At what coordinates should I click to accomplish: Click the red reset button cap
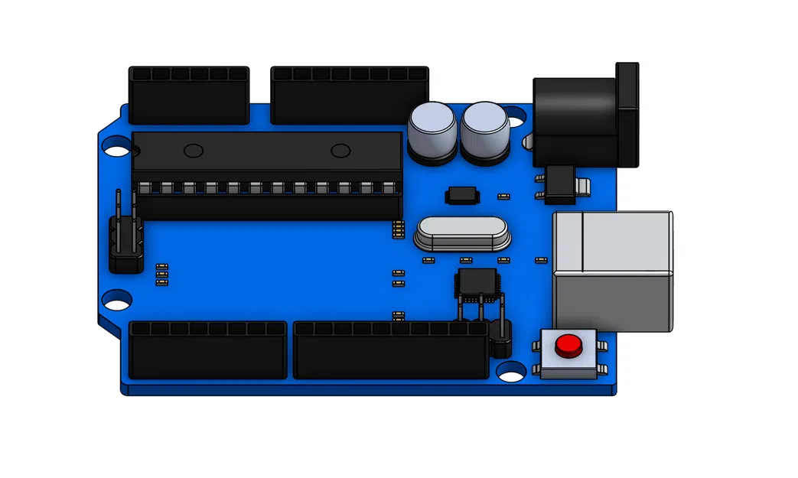[567, 346]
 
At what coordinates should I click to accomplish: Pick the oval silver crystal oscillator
[462, 232]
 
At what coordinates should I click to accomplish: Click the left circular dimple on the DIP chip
[194, 149]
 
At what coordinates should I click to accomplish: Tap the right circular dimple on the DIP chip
[340, 149]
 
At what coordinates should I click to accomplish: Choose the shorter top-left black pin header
[189, 96]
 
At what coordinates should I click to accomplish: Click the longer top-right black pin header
[350, 96]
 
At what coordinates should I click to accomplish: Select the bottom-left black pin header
[208, 350]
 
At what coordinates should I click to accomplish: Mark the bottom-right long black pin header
[390, 350]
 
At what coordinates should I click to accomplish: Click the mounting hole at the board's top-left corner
[117, 147]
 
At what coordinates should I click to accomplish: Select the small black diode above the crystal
[461, 195]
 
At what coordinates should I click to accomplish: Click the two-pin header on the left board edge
[126, 237]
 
